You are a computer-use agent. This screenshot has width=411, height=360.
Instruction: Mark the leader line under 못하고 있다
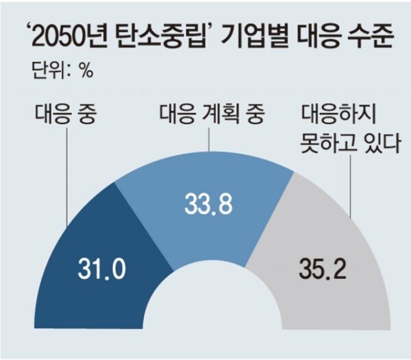(x=351, y=185)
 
